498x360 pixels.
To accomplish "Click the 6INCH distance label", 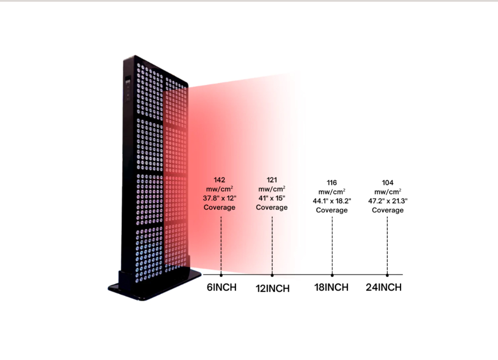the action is coord(222,287).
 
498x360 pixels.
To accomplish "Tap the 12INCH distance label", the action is coord(273,289).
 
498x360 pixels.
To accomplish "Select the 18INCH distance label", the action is coord(331,287).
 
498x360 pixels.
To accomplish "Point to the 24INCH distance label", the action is coord(384,287).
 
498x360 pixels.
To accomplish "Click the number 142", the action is coord(219,180).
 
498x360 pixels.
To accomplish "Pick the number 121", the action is coord(272,180).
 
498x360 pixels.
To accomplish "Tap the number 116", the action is coord(332,183).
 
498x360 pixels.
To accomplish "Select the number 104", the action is coord(387,183).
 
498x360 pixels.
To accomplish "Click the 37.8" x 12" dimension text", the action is coord(219,198).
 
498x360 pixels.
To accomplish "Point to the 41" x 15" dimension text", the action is coord(272,198).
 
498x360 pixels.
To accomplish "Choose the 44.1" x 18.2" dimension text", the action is coord(332,201).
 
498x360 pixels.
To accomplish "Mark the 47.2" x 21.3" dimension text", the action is coord(388,201).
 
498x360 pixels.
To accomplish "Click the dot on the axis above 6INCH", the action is coord(221,275).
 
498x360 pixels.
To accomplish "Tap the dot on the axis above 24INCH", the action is coord(387,275).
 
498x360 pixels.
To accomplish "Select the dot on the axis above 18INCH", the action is coord(332,275).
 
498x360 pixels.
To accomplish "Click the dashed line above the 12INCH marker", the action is coord(272,245).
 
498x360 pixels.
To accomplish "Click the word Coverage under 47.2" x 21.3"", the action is coord(388,210).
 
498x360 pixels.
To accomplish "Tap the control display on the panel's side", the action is coord(128,89).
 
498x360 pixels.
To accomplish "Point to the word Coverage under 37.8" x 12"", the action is coord(219,207).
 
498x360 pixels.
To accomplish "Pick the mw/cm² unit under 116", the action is coord(332,192).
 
